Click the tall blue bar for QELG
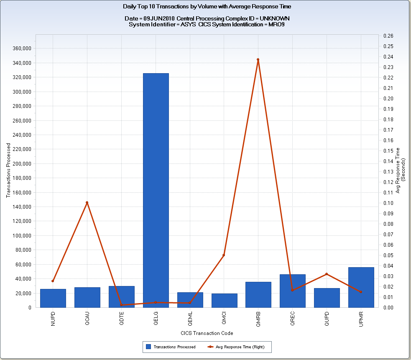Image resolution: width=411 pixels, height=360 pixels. point(156,190)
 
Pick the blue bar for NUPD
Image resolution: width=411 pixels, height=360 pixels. point(53,298)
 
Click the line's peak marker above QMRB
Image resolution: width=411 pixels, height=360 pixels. point(258,59)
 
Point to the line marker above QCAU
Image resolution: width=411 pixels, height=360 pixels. point(87,203)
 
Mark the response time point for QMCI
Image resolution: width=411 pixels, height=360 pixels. point(224,255)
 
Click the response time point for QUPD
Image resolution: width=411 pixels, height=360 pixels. point(327,274)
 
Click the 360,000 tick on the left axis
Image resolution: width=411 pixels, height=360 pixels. point(23,49)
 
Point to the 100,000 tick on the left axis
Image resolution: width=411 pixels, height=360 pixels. point(23,235)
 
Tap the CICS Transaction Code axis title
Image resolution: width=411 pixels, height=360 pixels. point(207,333)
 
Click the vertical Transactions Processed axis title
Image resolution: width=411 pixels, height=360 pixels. point(8,170)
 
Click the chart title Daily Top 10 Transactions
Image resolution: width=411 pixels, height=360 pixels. point(207,7)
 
